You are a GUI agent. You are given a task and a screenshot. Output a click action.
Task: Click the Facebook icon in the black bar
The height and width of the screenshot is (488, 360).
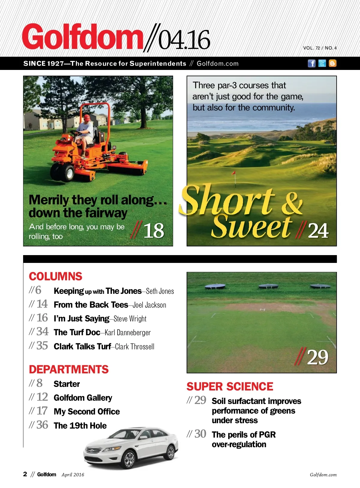tap(312, 63)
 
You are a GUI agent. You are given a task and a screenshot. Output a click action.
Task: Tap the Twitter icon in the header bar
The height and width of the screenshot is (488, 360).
tap(322, 63)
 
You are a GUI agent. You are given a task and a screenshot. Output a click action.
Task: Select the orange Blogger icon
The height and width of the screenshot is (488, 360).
tap(332, 63)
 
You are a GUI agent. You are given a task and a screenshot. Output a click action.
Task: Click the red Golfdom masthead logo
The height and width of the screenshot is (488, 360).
tap(82, 37)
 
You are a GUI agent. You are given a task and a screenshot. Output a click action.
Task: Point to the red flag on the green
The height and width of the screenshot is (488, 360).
tap(233, 173)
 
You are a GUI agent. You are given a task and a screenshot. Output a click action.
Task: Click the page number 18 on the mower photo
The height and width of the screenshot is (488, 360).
tap(154, 231)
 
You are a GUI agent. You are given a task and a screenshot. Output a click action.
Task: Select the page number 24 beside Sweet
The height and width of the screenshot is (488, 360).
tap(318, 231)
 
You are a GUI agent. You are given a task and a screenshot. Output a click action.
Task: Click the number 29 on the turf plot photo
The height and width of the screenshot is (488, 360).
tap(317, 357)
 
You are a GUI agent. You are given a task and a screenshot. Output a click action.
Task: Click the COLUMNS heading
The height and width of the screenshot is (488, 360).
tap(55, 276)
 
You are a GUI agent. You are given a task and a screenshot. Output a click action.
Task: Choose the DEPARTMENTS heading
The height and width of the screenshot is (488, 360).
tap(69, 369)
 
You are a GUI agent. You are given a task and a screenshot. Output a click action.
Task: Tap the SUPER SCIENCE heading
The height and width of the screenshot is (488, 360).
tap(230, 387)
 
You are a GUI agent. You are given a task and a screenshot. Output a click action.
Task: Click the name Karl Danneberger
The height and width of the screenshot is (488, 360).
tap(128, 333)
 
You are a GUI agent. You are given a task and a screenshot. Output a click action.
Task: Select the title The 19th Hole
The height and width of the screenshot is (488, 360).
tap(80, 426)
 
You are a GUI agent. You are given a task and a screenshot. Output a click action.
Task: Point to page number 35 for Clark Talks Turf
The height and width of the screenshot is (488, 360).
tap(42, 346)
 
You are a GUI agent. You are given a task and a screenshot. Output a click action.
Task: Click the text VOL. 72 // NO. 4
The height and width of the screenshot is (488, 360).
tap(320, 48)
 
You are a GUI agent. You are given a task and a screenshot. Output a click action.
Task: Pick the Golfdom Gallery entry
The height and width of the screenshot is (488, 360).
tap(83, 398)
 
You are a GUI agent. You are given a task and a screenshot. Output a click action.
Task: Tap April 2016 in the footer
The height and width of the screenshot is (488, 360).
tap(73, 475)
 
